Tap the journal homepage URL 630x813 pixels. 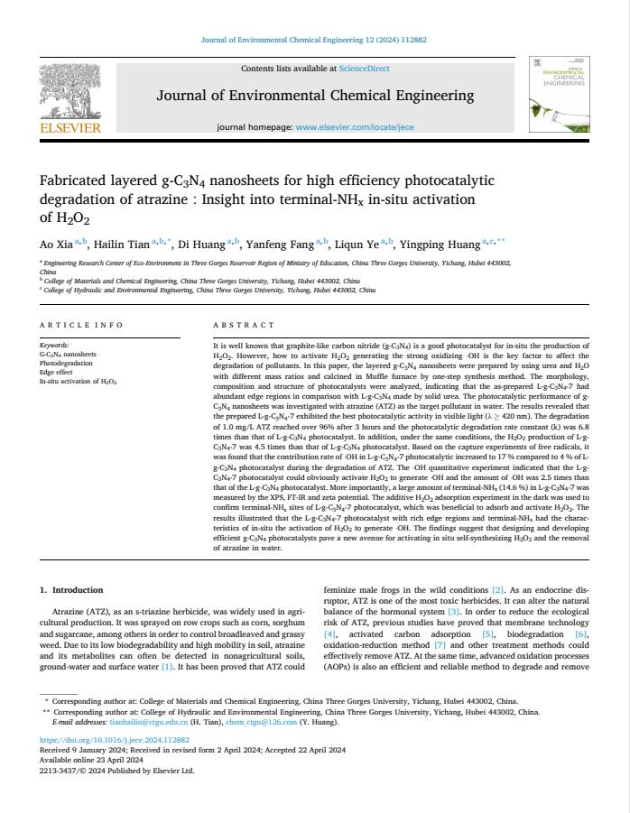pyautogui.click(x=355, y=127)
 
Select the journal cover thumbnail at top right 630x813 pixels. pyautogui.click(x=560, y=97)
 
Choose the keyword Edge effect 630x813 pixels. pyautogui.click(x=59, y=373)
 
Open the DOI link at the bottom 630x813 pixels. pyautogui.click(x=115, y=740)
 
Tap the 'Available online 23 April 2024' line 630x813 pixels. pyautogui.click(x=85, y=760)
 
